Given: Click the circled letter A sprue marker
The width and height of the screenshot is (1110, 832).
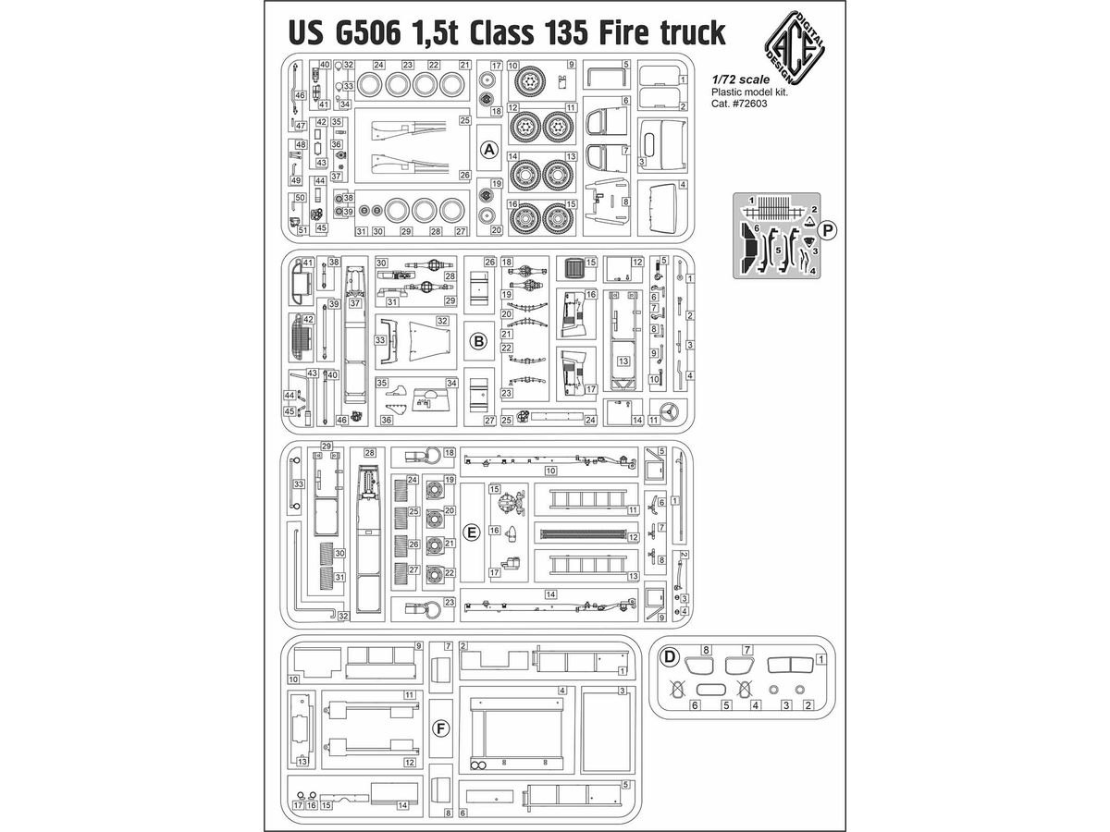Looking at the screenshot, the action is pos(489,150).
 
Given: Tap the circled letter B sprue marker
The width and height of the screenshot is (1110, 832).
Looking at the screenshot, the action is pos(478,341).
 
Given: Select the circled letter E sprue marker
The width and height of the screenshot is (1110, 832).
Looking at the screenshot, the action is pos(472,532).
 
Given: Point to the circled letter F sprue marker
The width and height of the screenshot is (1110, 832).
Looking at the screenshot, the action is pos(441,728).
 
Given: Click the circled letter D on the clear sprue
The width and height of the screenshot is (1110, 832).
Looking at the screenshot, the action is pos(670,656).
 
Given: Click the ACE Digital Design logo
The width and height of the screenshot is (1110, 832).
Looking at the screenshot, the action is pos(795,48).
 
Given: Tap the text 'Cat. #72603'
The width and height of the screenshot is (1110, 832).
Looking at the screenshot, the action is pos(739,104).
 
